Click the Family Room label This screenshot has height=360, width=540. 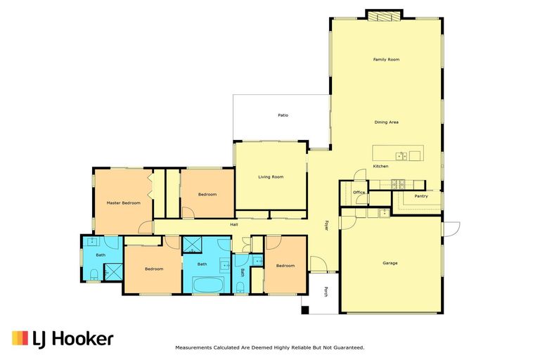386,60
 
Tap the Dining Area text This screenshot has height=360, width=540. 386,122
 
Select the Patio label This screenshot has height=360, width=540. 283,115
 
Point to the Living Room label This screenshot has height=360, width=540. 271,176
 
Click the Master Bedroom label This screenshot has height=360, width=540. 124,202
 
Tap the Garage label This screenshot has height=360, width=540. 390,263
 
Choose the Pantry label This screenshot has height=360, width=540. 421,196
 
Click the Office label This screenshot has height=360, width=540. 359,192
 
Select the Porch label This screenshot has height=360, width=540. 326,291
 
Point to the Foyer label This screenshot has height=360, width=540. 326,226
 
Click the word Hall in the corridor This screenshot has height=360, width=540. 233,224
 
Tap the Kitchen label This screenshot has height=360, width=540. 380,166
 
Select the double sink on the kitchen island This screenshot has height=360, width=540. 400,155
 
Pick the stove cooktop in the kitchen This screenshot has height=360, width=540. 397,184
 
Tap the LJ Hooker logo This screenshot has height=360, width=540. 63,339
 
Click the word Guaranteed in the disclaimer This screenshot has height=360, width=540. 347,347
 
